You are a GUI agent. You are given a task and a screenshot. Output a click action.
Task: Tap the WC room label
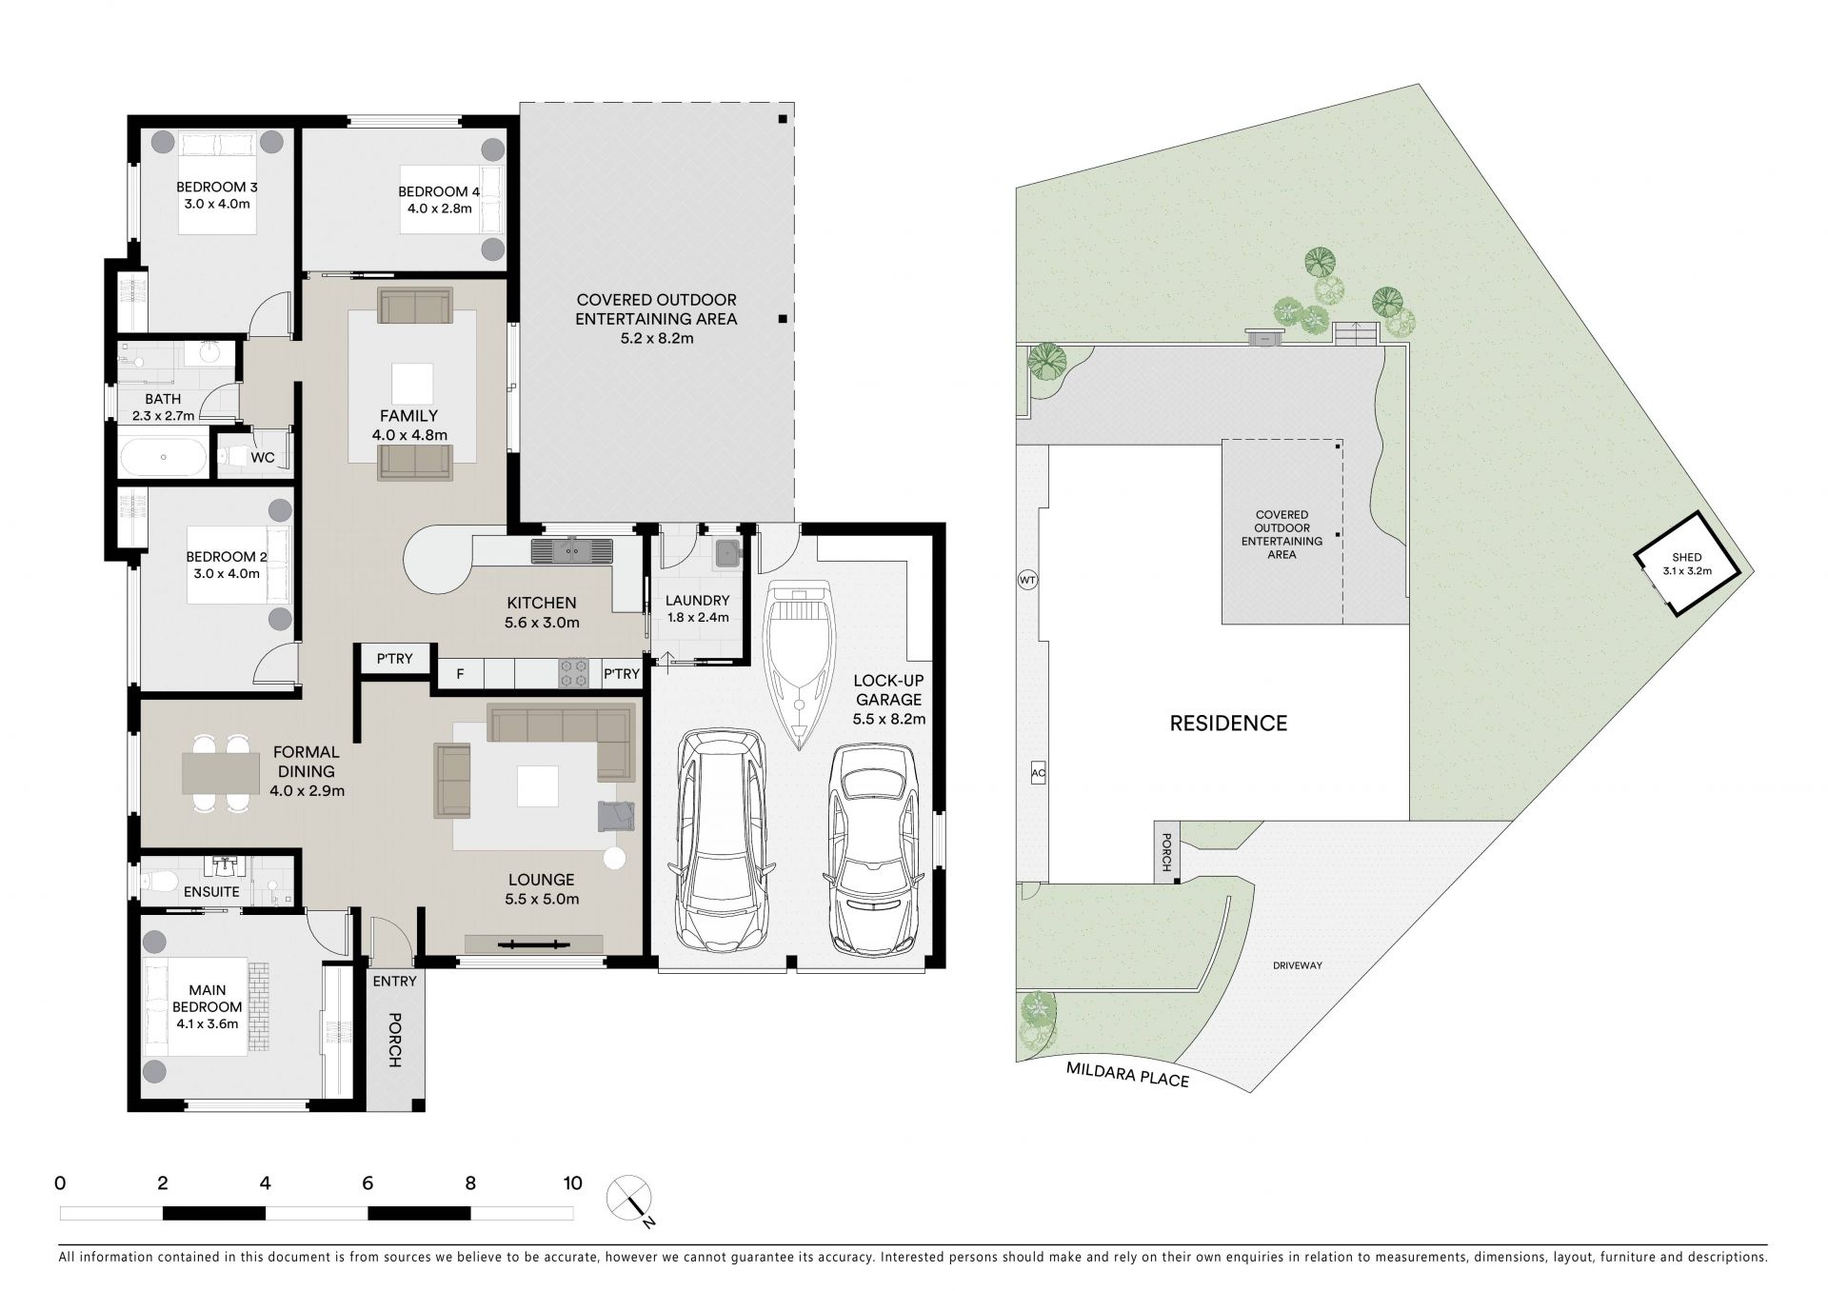point(263,458)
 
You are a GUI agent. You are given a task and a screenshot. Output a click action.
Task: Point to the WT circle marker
point(1027,580)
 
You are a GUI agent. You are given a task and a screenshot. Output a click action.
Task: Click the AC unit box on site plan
point(1038,774)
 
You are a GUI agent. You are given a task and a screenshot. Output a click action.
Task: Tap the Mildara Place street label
point(1128,1076)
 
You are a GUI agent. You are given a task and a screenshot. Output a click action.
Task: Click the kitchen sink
point(573,551)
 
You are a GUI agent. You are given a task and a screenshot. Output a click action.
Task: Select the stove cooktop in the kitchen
point(574,673)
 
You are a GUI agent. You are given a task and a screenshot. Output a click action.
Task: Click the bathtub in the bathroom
point(163,457)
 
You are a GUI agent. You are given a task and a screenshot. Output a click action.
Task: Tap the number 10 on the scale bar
point(572,1183)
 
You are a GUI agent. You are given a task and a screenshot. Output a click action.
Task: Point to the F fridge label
point(460,674)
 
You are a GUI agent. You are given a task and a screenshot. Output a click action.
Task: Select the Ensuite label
point(211,892)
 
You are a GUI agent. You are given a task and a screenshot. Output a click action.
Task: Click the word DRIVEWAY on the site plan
point(1298,965)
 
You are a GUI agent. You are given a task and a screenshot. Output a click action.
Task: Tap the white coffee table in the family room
point(412,383)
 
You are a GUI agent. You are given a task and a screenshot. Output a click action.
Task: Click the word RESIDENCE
point(1228,724)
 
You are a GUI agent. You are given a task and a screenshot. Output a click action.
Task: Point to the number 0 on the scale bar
point(60,1183)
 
